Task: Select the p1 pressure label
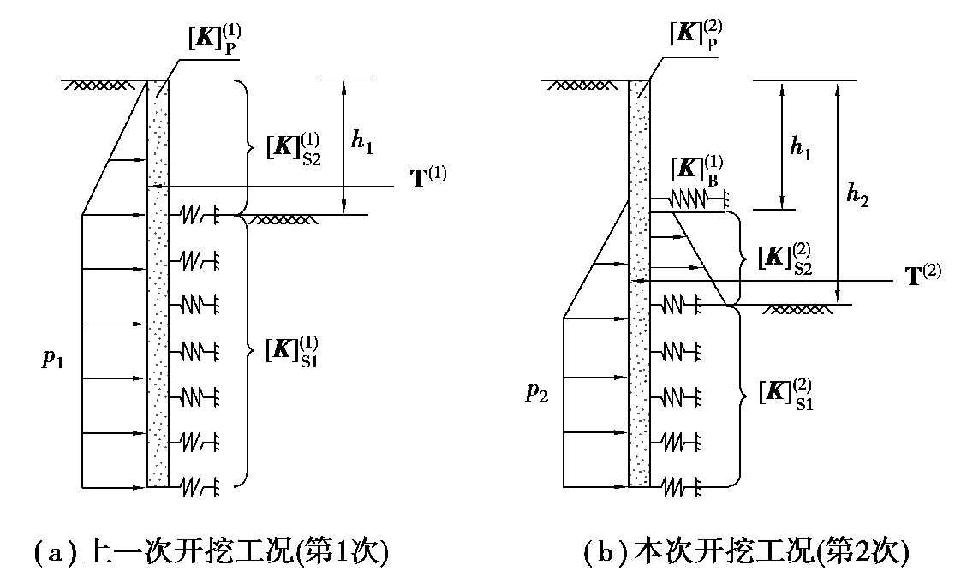tap(53, 359)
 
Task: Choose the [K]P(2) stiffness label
tap(697, 35)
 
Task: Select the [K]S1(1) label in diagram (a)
tap(288, 350)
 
